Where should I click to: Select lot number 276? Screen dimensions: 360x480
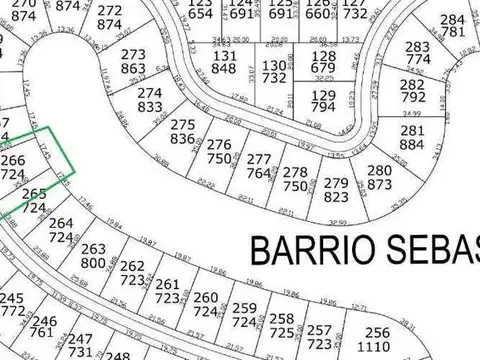coord(219,145)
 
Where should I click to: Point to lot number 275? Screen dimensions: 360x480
coord(183,125)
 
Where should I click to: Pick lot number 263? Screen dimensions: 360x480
coord(93,249)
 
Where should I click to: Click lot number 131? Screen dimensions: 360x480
coord(225,56)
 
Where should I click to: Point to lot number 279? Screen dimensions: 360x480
coord(337,183)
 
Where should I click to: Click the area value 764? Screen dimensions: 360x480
coord(258,173)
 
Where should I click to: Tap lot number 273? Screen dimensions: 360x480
coord(133,55)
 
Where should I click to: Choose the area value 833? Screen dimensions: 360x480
coord(150,106)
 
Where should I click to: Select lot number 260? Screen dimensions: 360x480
coord(205,298)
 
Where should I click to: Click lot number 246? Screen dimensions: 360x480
coord(45,321)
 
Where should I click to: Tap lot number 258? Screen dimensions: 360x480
coord(282,318)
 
